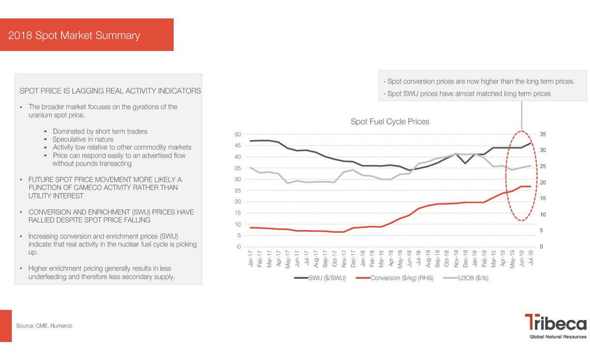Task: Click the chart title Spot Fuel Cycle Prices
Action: (x=389, y=121)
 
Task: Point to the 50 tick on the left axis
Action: (x=237, y=134)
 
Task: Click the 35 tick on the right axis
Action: (x=542, y=134)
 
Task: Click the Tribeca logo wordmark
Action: (x=555, y=324)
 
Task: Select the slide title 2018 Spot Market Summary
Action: (x=74, y=35)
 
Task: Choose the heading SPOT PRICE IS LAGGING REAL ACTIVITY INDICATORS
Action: (x=110, y=91)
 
